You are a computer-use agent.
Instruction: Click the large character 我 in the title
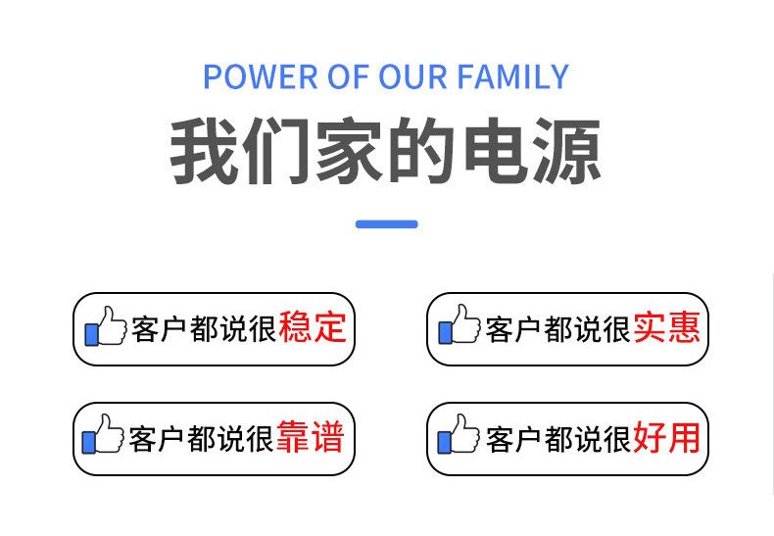point(205,150)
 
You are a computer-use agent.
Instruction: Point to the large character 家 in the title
point(349,150)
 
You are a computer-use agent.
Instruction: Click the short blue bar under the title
point(386,224)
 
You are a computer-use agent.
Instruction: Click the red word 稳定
point(312,327)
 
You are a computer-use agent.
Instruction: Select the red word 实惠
point(666,327)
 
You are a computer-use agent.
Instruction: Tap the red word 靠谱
point(310,437)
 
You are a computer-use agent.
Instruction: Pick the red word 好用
point(666,437)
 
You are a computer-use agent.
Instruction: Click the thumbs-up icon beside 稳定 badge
point(106,326)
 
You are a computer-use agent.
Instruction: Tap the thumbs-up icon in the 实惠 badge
point(460,324)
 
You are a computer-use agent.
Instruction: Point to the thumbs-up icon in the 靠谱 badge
point(103,434)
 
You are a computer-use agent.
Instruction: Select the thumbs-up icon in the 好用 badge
point(459,434)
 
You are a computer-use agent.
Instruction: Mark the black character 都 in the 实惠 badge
point(557,328)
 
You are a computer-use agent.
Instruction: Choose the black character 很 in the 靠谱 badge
point(260,438)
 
